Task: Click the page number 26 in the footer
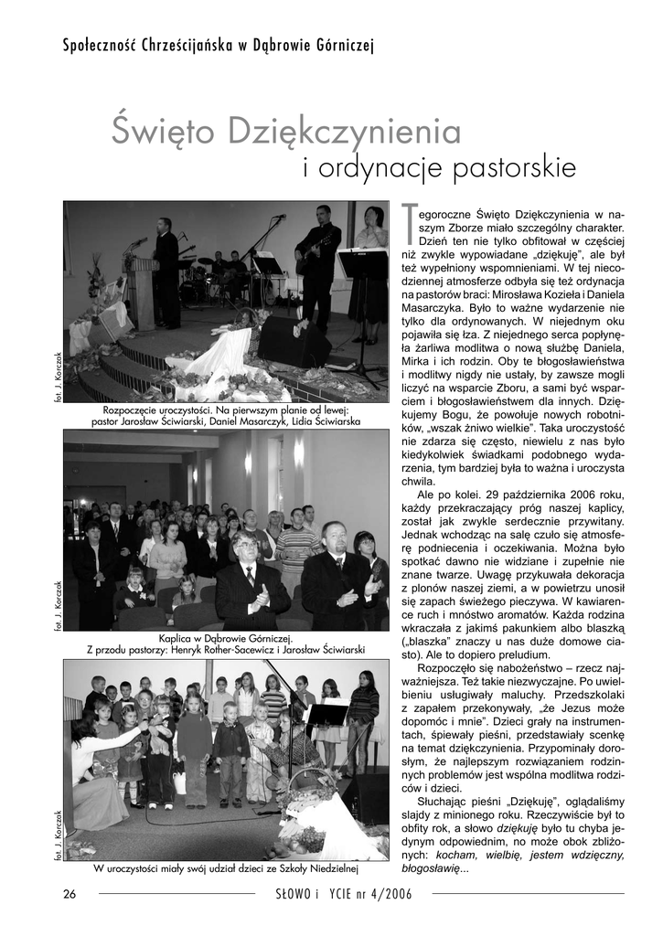coord(70,893)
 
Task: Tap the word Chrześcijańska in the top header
coord(186,46)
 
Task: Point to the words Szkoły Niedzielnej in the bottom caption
coord(315,867)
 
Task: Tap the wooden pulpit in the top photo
coord(142,291)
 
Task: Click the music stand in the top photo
coord(363,265)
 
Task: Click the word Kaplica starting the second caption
coord(178,638)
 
